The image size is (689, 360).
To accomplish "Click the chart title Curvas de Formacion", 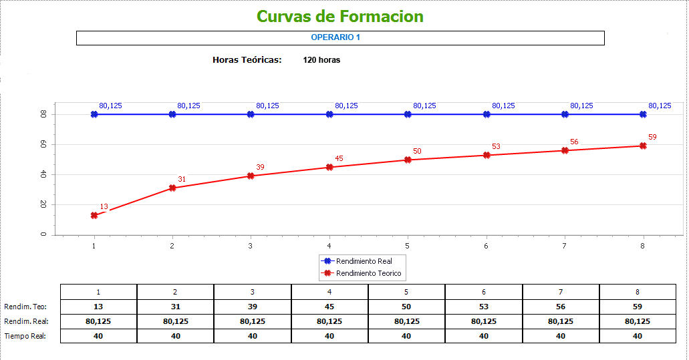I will click(340, 16).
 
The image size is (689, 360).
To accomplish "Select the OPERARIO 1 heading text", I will click(335, 37).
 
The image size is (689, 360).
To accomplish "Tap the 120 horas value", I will click(321, 60).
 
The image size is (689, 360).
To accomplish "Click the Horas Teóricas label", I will click(247, 60).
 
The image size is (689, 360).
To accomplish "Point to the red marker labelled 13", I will click(94, 215).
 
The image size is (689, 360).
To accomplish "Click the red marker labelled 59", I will click(643, 146).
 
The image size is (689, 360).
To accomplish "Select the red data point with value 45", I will click(329, 167).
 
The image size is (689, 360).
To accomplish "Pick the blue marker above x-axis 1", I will click(94, 114).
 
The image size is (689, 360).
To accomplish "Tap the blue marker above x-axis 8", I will click(643, 114).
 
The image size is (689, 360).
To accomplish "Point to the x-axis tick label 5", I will click(408, 246).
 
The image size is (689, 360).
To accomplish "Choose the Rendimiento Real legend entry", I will click(364, 261).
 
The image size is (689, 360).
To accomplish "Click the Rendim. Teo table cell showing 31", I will click(176, 307).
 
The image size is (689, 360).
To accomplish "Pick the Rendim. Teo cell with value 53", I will click(484, 307).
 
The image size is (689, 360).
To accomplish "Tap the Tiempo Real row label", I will click(25, 336).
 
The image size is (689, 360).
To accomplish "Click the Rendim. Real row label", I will click(25, 321).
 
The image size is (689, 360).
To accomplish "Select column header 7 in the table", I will click(561, 292).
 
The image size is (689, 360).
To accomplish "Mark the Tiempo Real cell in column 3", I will click(253, 336).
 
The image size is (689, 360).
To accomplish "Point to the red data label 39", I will click(261, 167).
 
